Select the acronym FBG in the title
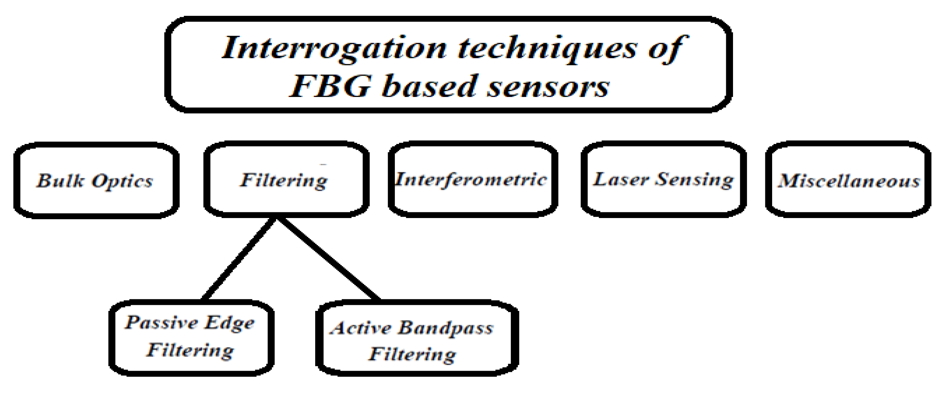(331, 86)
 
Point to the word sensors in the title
(548, 86)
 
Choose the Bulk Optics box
(96, 180)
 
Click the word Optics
(122, 181)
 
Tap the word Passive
(161, 323)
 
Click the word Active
(361, 328)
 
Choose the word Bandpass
(445, 329)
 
